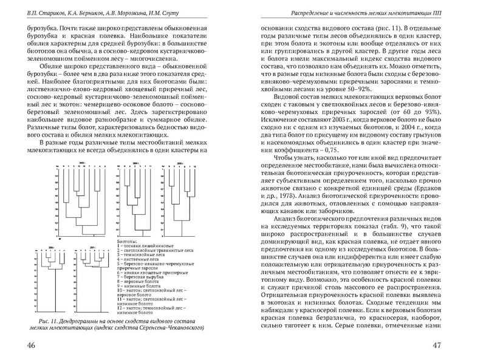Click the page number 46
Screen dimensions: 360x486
tap(28, 345)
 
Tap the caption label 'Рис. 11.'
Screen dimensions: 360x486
tap(49, 320)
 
